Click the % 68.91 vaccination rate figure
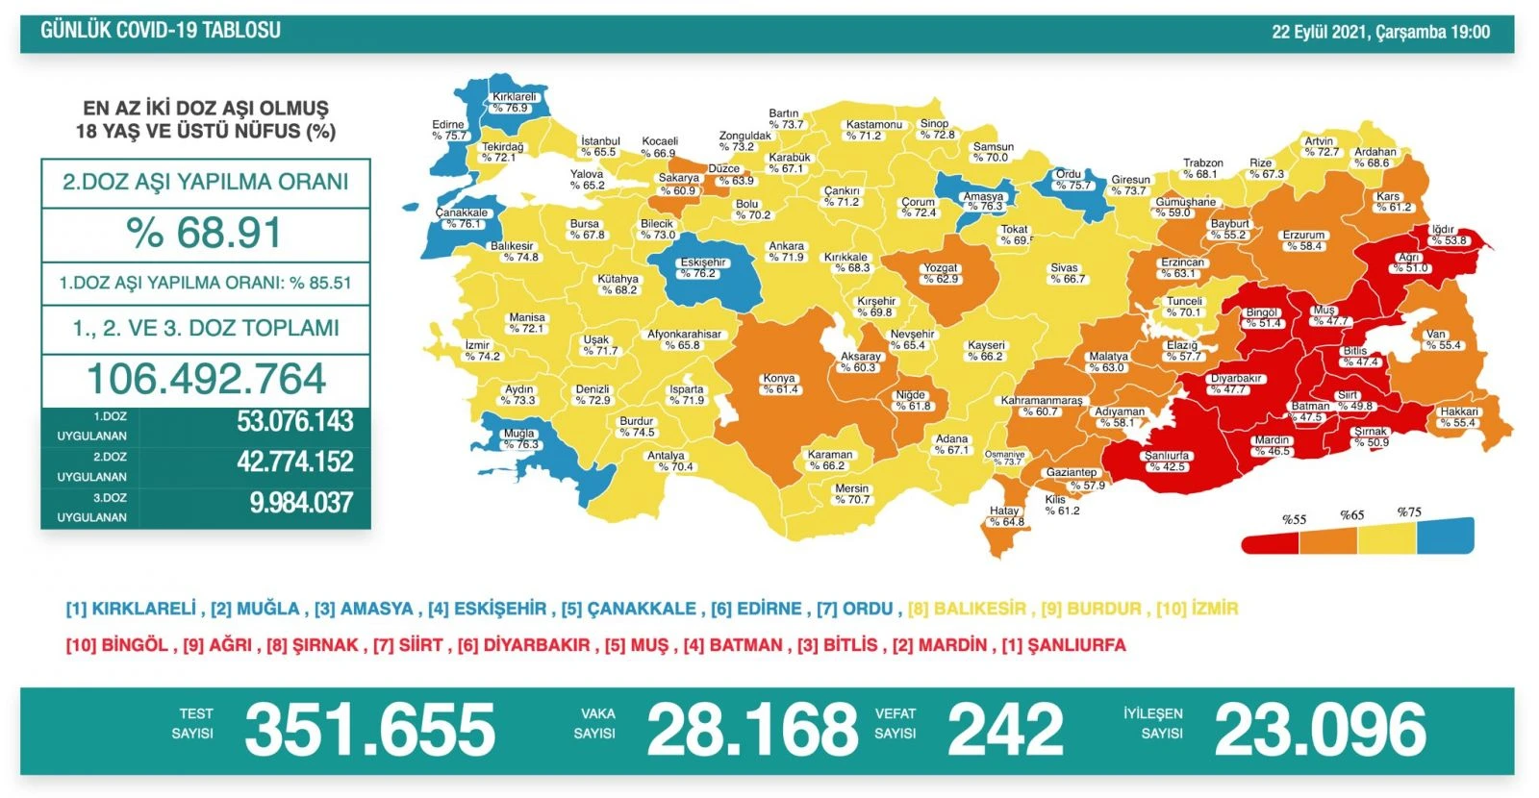(204, 234)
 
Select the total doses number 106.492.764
(206, 379)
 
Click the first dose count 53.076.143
(294, 421)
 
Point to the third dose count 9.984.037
(301, 503)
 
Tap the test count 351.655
(369, 730)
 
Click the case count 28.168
(751, 730)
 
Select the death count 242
(1005, 730)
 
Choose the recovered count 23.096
(1320, 730)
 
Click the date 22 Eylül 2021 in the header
(1319, 32)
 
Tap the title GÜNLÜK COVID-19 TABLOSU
(161, 31)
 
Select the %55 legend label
(1294, 519)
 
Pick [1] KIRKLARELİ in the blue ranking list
(130, 609)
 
